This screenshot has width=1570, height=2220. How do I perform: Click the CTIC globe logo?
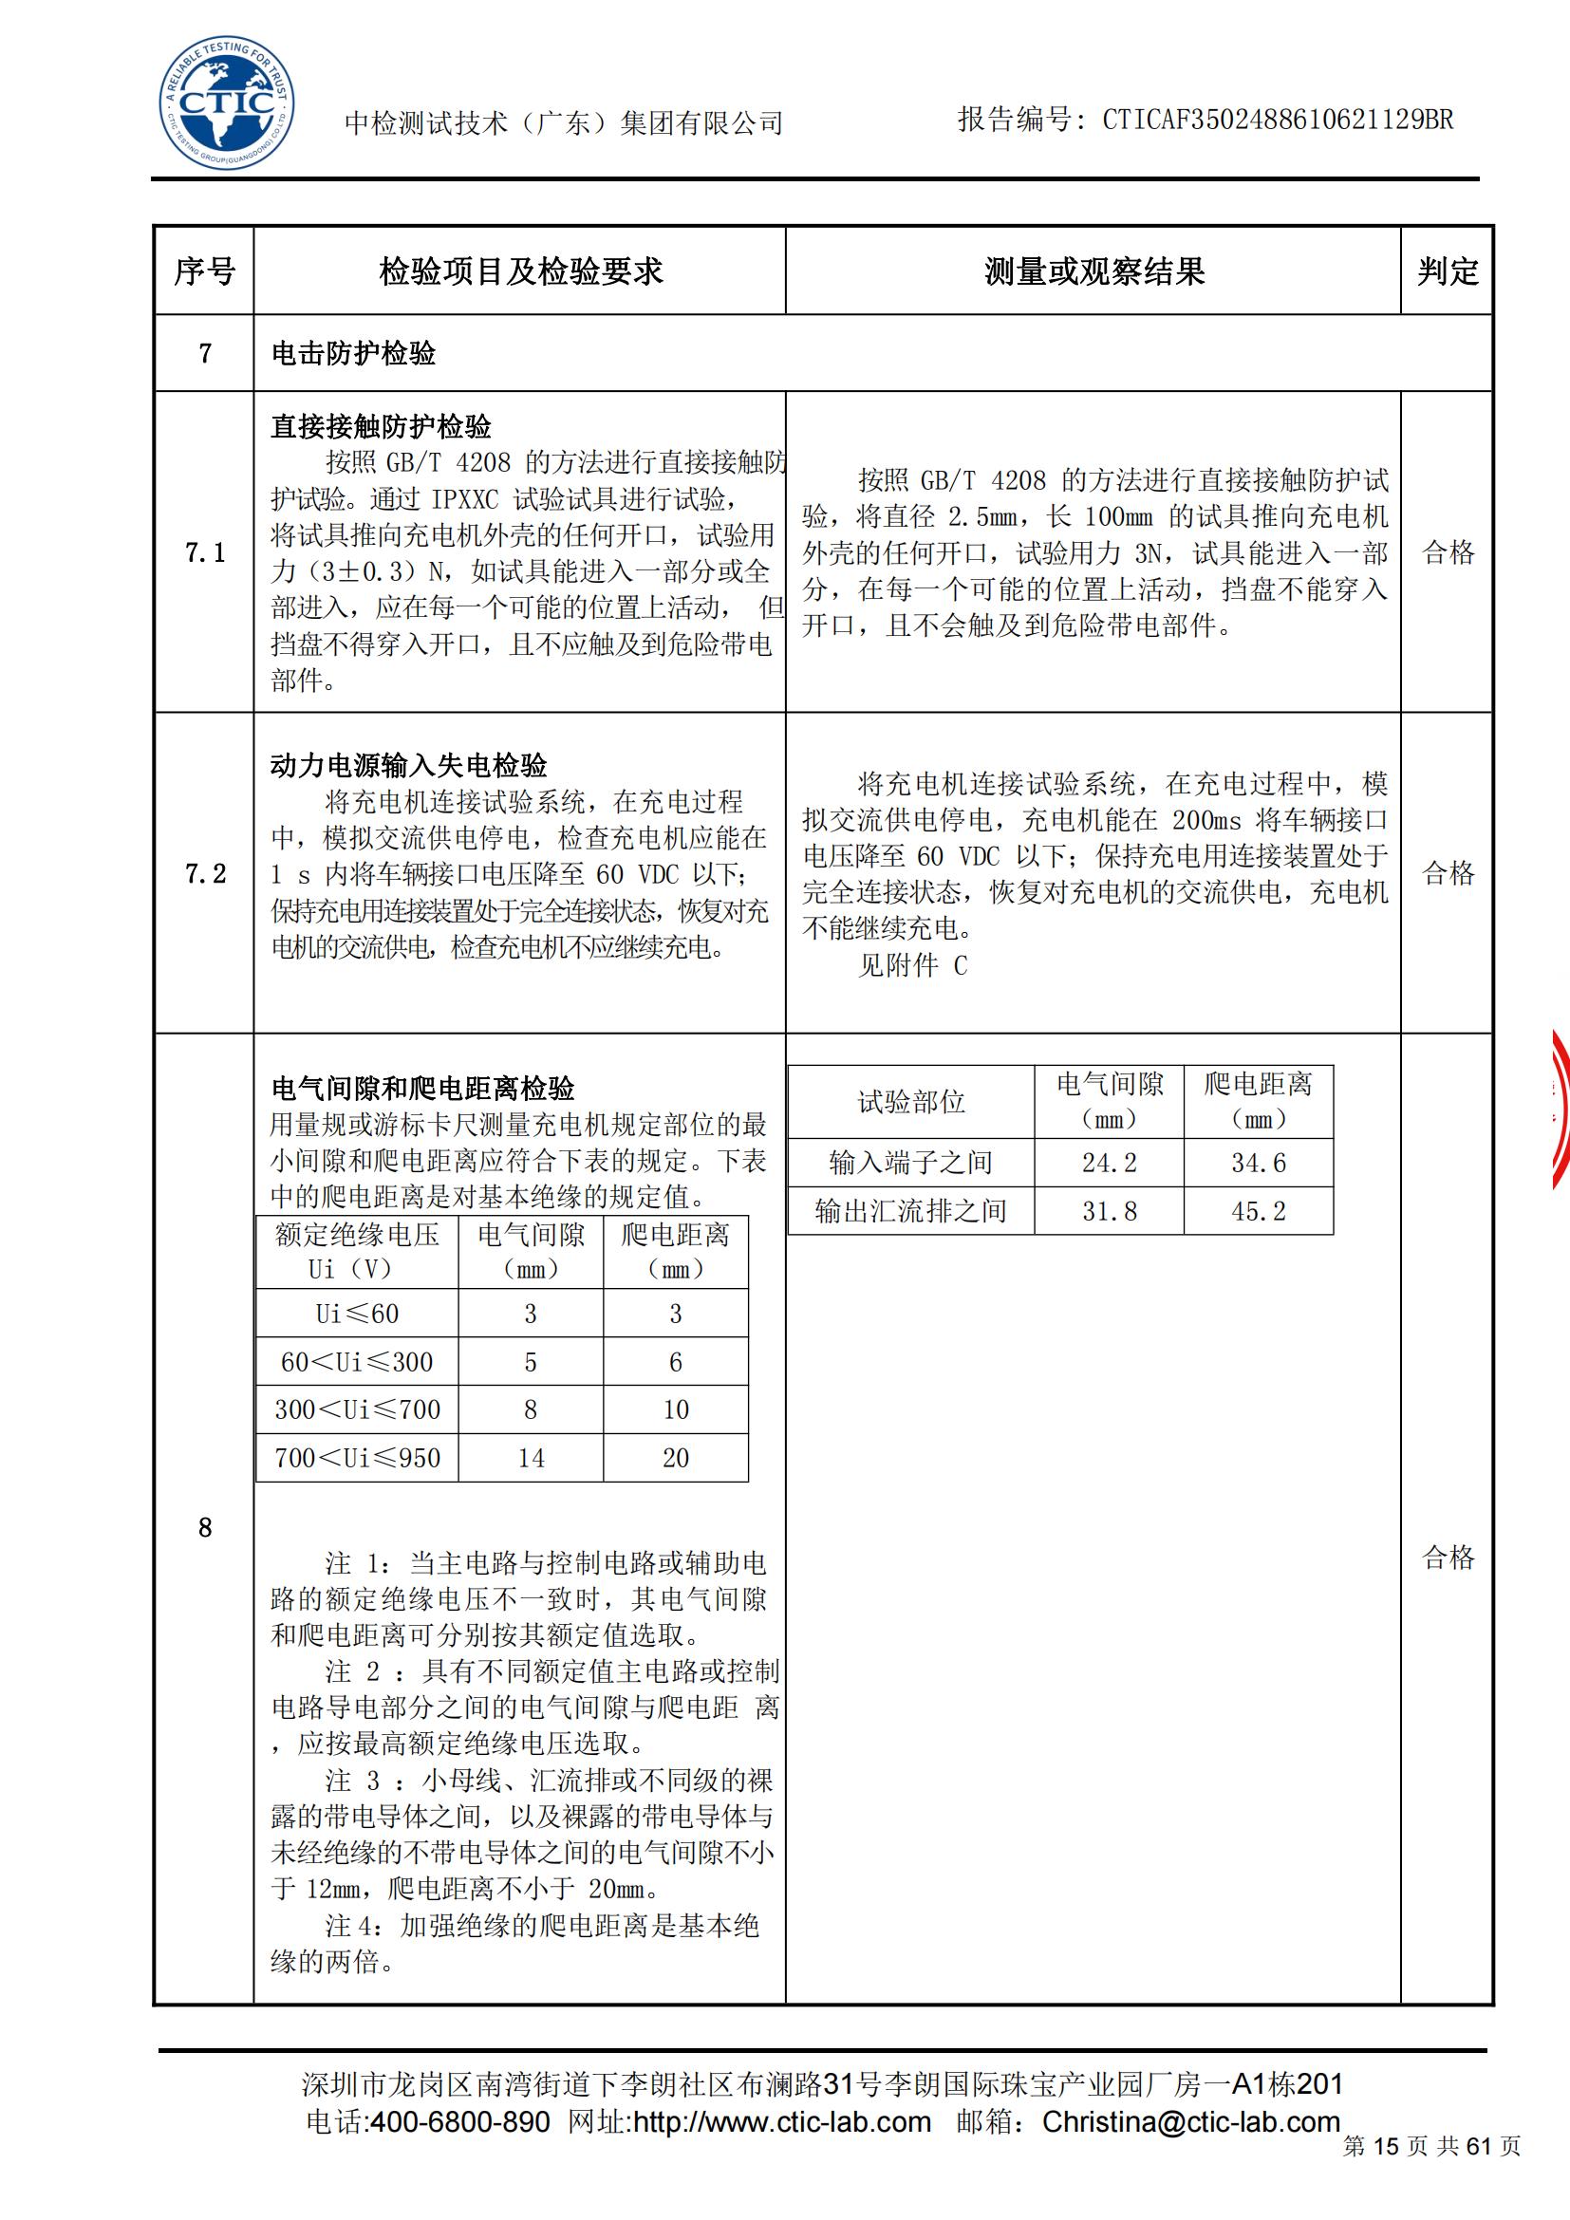pyautogui.click(x=226, y=106)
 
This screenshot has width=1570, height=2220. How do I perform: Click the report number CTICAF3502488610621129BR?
pyautogui.click(x=1277, y=120)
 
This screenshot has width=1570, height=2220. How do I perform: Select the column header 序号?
pyautogui.click(x=204, y=271)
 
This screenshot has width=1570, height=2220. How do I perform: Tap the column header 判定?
pyautogui.click(x=1448, y=271)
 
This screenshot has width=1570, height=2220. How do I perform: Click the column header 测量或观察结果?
pyautogui.click(x=1093, y=271)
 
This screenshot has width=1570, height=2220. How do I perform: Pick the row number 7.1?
pyautogui.click(x=204, y=553)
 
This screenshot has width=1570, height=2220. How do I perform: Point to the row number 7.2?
pyautogui.click(x=204, y=874)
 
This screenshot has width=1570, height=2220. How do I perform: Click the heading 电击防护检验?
pyautogui.click(x=354, y=354)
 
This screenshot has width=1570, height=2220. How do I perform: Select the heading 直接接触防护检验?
pyautogui.click(x=381, y=426)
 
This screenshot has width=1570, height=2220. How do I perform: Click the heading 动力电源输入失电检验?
pyautogui.click(x=409, y=767)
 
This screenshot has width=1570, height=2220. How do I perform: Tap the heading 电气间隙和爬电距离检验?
pyautogui.click(x=423, y=1089)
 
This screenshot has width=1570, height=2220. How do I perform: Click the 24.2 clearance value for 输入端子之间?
pyautogui.click(x=1109, y=1164)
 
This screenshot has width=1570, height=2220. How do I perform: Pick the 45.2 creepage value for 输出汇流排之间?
pyautogui.click(x=1258, y=1211)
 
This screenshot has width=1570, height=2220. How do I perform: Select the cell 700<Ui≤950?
pyautogui.click(x=357, y=1458)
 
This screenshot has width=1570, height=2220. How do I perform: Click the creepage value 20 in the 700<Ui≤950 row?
pyautogui.click(x=676, y=1458)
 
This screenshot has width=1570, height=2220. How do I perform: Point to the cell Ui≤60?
pyautogui.click(x=357, y=1314)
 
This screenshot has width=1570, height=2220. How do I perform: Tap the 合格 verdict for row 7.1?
pyautogui.click(x=1449, y=553)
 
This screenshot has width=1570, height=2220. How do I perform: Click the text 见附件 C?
pyautogui.click(x=911, y=966)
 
